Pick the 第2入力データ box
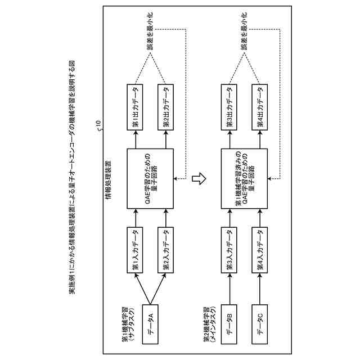point(165,251)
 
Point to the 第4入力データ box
point(260,251)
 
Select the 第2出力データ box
point(165,108)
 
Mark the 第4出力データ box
point(260,108)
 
